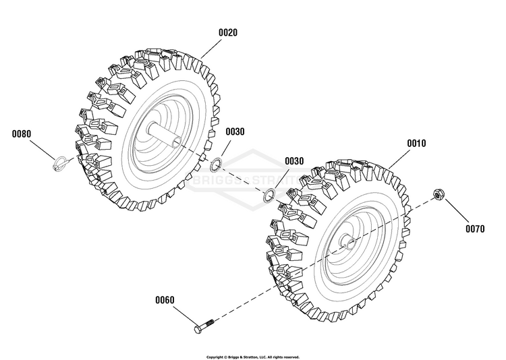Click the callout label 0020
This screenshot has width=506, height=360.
click(228, 32)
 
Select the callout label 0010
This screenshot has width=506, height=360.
click(416, 143)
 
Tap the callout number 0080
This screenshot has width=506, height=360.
click(22, 133)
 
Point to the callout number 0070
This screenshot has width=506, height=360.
click(475, 229)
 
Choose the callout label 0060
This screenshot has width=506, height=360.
click(165, 300)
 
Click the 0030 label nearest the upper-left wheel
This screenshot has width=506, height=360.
click(235, 131)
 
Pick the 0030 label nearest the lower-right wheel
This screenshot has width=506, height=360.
click(294, 161)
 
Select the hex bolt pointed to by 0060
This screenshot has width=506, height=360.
click(204, 326)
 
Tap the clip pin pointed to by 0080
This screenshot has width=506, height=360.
click(60, 162)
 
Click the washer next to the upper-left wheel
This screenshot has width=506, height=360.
click(215, 164)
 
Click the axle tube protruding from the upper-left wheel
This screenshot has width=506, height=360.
click(164, 135)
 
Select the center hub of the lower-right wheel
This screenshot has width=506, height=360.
click(348, 241)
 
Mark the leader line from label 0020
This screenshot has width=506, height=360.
click(211, 49)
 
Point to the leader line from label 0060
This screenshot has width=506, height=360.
click(186, 316)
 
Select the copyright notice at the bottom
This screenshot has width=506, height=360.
click(253, 357)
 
